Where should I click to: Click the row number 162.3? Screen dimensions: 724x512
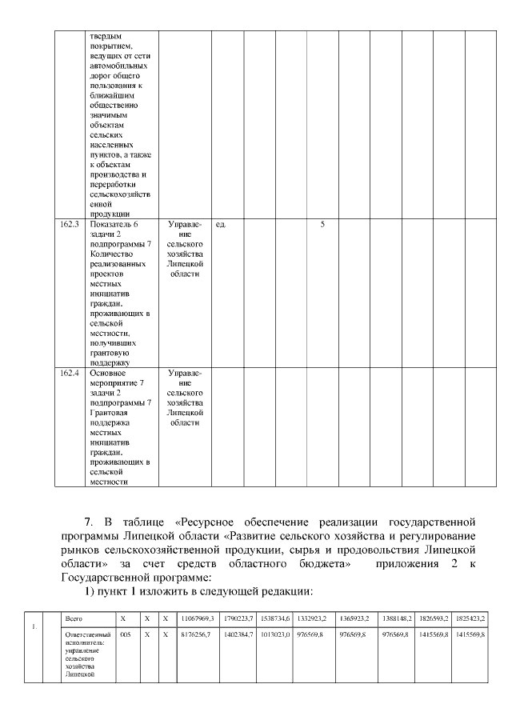(x=70, y=225)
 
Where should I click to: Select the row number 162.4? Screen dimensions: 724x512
(x=70, y=373)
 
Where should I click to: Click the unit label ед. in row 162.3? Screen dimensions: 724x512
(x=221, y=225)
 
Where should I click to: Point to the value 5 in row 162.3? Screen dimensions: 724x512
(x=322, y=225)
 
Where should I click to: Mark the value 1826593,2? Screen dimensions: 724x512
(x=434, y=618)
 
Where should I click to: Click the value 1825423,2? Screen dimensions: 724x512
(x=469, y=618)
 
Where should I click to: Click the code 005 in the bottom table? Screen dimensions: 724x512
(x=125, y=634)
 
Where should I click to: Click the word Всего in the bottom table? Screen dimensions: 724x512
(x=74, y=618)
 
